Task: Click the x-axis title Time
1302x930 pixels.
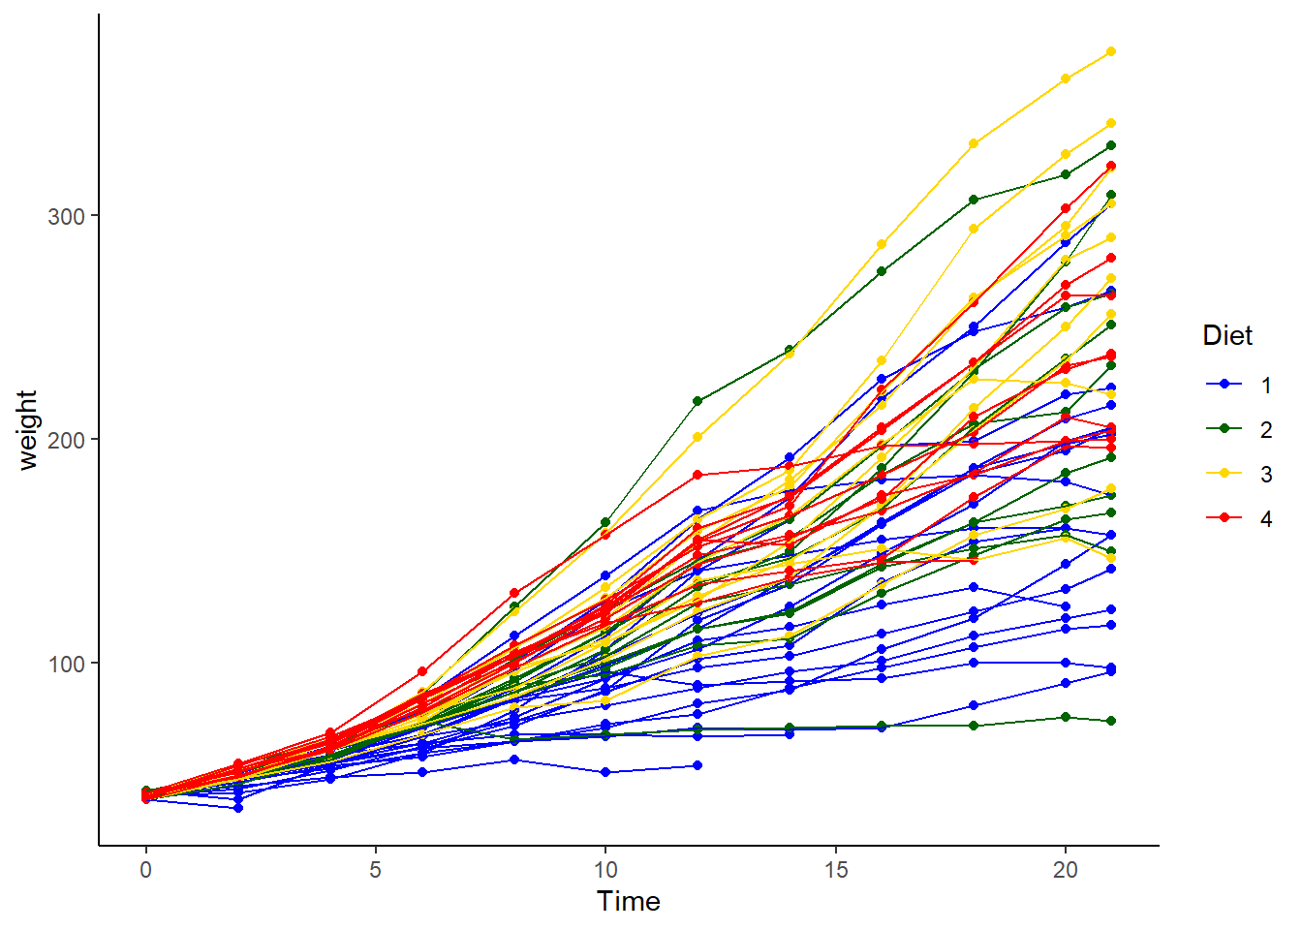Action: click(x=629, y=901)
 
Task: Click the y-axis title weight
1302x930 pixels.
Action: click(x=27, y=430)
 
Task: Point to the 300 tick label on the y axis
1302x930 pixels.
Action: click(x=66, y=216)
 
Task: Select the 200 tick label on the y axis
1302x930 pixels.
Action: click(x=66, y=440)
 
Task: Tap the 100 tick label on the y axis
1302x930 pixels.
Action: click(x=66, y=664)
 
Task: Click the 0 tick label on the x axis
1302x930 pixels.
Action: click(x=145, y=870)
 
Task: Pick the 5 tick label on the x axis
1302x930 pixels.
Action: click(x=375, y=870)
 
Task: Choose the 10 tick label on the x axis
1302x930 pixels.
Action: click(x=605, y=870)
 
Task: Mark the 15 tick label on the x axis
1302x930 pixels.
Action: click(x=835, y=870)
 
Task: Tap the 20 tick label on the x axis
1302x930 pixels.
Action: click(x=1065, y=870)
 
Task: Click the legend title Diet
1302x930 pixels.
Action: click(x=1227, y=335)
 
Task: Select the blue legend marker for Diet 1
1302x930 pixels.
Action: click(x=1224, y=385)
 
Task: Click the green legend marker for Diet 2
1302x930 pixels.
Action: click(x=1224, y=429)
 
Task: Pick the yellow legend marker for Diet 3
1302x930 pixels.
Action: click(x=1224, y=474)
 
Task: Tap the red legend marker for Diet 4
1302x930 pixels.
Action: click(x=1224, y=518)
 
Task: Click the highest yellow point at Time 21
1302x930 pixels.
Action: click(x=1111, y=51)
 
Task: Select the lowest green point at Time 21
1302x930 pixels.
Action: click(x=1111, y=721)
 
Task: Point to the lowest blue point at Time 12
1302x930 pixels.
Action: click(x=697, y=765)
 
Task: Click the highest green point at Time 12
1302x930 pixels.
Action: click(x=697, y=401)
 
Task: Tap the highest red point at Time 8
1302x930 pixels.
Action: click(x=514, y=593)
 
